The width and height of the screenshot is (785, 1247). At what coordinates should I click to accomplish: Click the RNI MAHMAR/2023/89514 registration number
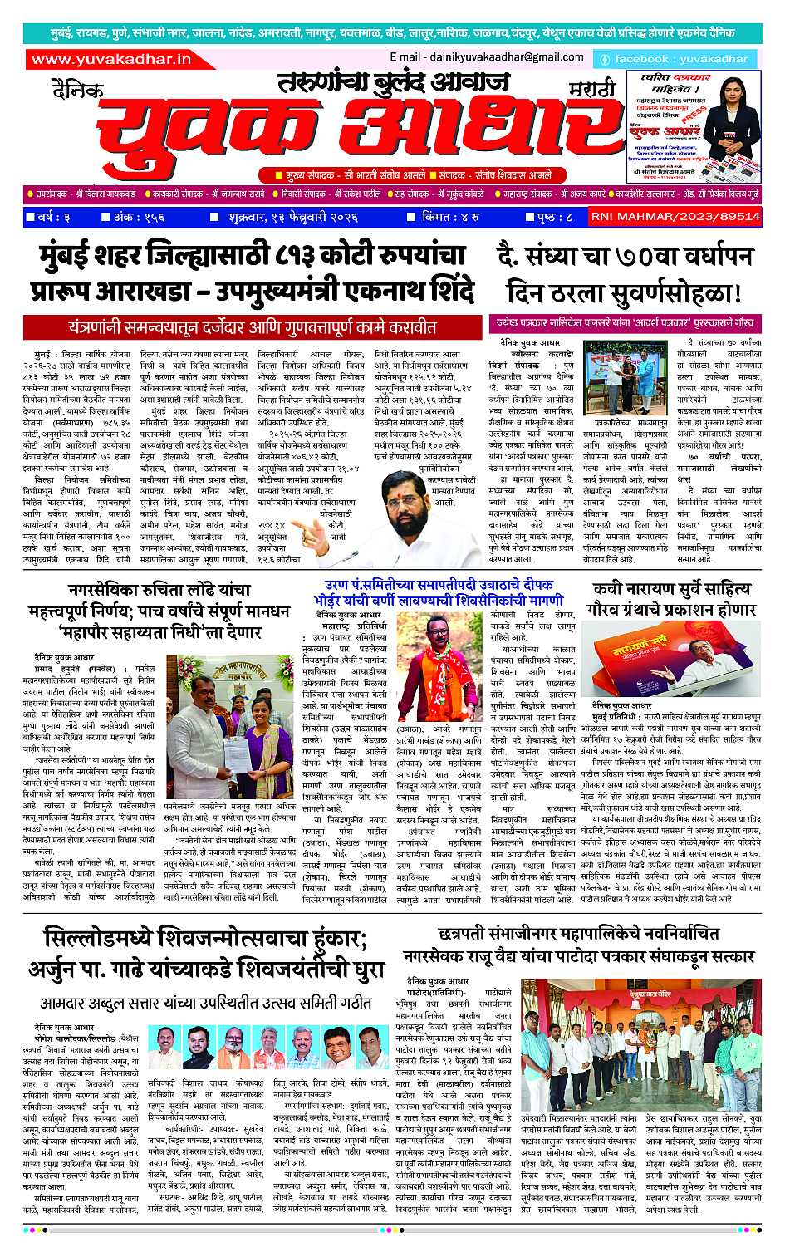click(675, 217)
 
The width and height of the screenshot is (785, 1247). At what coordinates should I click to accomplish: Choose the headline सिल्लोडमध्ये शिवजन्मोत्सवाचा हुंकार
click(206, 955)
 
